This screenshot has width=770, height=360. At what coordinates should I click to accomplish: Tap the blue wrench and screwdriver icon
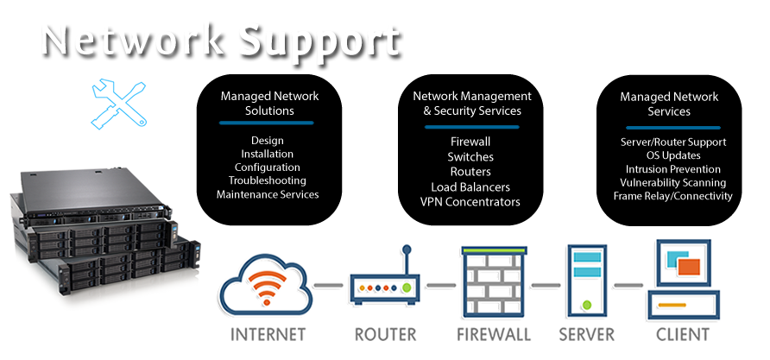click(118, 104)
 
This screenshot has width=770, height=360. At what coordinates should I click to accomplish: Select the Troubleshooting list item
click(267, 180)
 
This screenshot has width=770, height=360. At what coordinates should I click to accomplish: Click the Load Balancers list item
click(470, 187)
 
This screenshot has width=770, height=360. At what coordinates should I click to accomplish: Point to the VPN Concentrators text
click(470, 202)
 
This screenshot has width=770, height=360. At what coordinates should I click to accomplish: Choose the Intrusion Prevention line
click(672, 169)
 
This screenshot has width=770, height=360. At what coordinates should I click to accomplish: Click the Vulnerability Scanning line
click(672, 183)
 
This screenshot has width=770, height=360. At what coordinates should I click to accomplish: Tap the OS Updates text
click(672, 155)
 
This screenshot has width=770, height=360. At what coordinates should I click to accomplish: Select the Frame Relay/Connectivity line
click(672, 196)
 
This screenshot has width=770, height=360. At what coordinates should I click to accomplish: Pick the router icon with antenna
click(383, 281)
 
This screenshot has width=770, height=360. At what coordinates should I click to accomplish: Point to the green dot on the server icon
click(587, 303)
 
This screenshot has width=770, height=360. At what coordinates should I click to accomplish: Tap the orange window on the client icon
click(688, 268)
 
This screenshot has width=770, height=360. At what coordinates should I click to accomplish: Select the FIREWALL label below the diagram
click(493, 334)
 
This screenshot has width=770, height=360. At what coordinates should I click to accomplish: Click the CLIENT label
click(683, 334)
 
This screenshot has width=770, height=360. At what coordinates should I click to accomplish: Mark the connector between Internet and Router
click(328, 284)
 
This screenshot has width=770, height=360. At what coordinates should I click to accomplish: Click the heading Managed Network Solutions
click(268, 104)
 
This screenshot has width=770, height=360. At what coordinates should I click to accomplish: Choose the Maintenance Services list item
click(268, 194)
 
